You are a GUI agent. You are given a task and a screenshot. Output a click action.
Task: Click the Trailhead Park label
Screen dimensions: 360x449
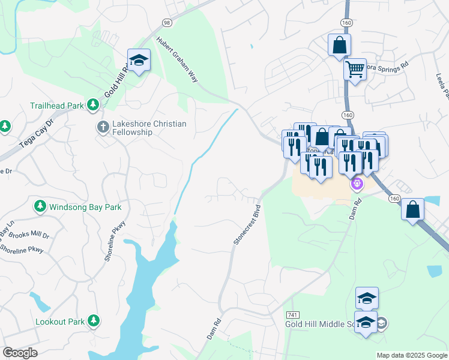tap(57, 106)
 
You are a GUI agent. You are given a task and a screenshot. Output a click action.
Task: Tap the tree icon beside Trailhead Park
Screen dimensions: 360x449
tap(93, 106)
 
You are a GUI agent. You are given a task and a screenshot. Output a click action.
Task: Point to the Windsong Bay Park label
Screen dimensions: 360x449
tap(85, 207)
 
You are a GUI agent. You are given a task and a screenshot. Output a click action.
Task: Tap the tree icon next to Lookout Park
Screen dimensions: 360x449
tap(93, 322)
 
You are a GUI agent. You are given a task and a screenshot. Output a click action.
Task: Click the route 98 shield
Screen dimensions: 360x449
tap(166, 22)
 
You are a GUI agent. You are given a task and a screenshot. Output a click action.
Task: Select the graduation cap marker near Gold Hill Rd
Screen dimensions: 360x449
tap(139, 61)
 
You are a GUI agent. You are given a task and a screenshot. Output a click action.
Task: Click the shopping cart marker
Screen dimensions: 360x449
tap(355, 70)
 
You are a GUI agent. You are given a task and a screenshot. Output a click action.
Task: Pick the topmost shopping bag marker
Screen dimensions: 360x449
tap(339, 45)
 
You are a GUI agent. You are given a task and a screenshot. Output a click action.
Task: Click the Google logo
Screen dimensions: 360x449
tap(20, 353)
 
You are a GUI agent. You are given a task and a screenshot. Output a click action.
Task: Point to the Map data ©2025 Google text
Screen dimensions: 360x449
tap(411, 355)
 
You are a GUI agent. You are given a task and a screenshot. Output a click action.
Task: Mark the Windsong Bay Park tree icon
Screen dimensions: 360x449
tap(40, 207)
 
